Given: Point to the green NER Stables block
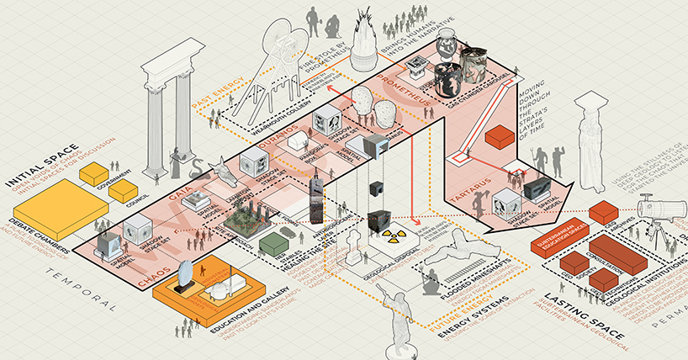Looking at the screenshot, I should click(x=271, y=243).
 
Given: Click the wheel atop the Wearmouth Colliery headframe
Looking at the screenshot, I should click(x=284, y=39).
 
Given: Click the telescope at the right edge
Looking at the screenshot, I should click(x=658, y=206).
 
